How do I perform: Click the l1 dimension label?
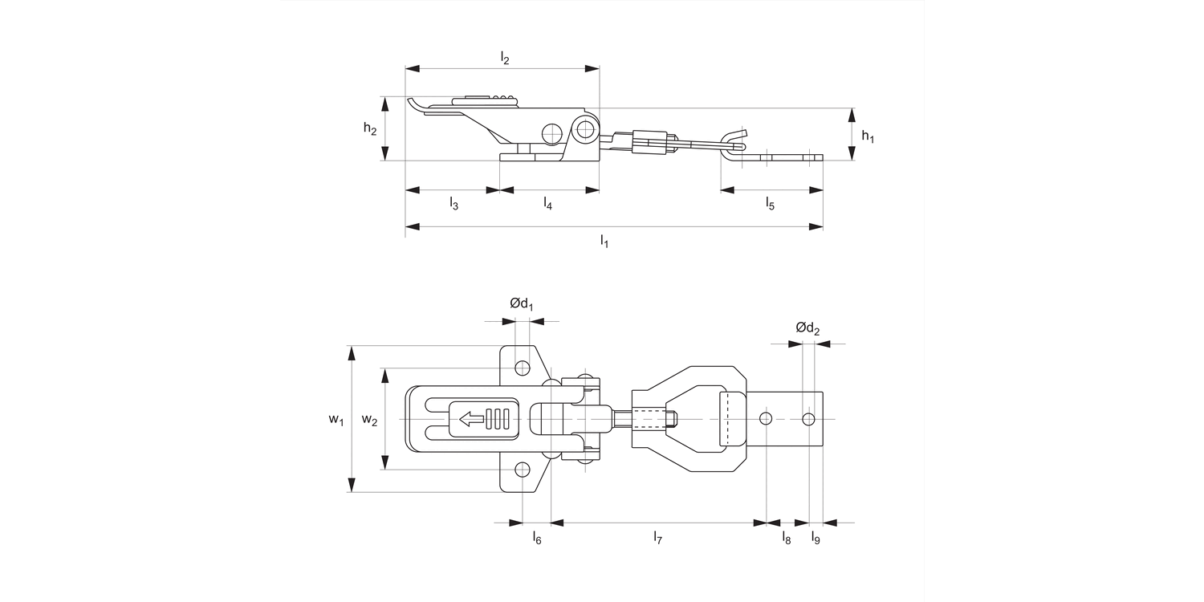pyautogui.click(x=604, y=241)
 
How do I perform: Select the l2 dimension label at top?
pyautogui.click(x=504, y=58)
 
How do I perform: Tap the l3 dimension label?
pyautogui.click(x=454, y=204)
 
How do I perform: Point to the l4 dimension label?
pyautogui.click(x=547, y=204)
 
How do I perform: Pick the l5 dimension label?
pyautogui.click(x=770, y=204)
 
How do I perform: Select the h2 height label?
pyautogui.click(x=369, y=129)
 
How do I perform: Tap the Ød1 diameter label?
pyautogui.click(x=522, y=304)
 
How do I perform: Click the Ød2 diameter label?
pyautogui.click(x=807, y=327)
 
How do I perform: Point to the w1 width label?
pyautogui.click(x=336, y=420)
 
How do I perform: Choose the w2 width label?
pyautogui.click(x=369, y=420)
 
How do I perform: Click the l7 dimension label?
pyautogui.click(x=657, y=538)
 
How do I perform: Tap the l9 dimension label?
pyautogui.click(x=816, y=538)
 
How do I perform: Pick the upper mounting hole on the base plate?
pyautogui.click(x=523, y=368)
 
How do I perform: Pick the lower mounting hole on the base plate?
pyautogui.click(x=523, y=470)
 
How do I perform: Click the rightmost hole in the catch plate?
pyautogui.click(x=808, y=419)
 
